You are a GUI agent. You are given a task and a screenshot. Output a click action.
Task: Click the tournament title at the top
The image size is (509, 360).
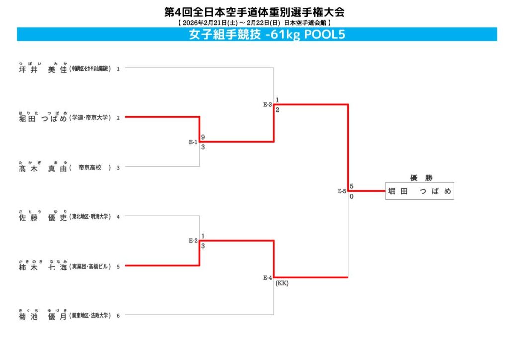[x=254, y=11]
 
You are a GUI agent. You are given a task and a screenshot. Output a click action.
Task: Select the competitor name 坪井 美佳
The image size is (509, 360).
[x=42, y=69]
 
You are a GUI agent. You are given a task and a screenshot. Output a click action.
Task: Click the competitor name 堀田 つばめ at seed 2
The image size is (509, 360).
[x=42, y=118]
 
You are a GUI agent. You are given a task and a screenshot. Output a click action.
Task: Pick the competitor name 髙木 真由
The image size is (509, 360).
[x=42, y=168]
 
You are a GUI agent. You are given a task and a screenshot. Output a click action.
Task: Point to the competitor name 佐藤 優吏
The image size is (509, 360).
[x=42, y=217]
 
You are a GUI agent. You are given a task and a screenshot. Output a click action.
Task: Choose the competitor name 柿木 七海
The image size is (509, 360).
[x=42, y=267]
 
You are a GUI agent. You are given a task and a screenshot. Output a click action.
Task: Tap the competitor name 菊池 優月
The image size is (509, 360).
[x=42, y=316]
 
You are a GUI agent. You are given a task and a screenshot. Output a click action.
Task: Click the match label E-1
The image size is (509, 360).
[x=193, y=142]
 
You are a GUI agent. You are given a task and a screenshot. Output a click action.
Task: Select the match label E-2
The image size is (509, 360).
[x=193, y=241]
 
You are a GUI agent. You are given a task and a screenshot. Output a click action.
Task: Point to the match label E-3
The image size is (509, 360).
[x=267, y=105]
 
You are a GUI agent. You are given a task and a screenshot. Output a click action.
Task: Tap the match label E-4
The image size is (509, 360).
[x=267, y=278]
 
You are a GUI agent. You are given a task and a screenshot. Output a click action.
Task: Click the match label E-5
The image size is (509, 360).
[x=342, y=191]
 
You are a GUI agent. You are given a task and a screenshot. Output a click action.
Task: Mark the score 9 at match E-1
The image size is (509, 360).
[x=203, y=137]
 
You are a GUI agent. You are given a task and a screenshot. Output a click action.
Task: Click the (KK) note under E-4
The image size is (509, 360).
[x=282, y=284]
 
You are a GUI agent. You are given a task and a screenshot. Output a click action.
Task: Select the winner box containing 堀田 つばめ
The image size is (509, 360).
[x=420, y=191]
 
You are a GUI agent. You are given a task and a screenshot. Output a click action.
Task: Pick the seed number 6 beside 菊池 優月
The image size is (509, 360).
[x=118, y=316]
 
